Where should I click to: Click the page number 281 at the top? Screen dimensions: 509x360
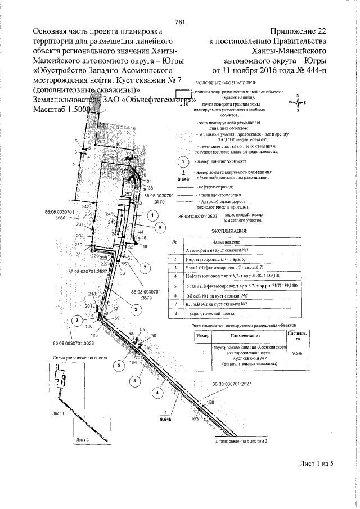tap(180, 22)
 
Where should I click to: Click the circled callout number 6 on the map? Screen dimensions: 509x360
tap(159, 227)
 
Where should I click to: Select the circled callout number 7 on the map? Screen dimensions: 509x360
tap(145, 267)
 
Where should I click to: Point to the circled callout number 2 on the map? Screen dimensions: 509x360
tap(135, 308)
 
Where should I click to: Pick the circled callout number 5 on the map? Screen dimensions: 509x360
tap(119, 365)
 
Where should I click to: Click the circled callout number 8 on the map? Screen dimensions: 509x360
tap(134, 381)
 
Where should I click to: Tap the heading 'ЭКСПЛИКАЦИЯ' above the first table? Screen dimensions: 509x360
tap(228, 231)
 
